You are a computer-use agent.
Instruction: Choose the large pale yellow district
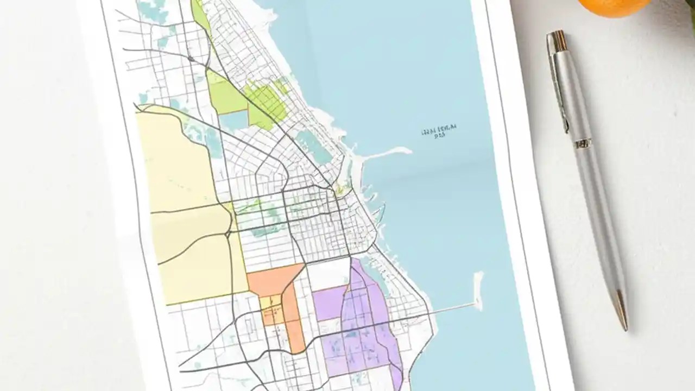pyautogui.click(x=185, y=217)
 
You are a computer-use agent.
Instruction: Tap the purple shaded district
pyautogui.click(x=364, y=326)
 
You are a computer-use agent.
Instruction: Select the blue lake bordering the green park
pyautogui.click(x=233, y=120)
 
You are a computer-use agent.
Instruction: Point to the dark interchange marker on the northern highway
pyautogui.click(x=191, y=58)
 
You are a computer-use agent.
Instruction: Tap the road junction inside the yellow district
pyautogui.click(x=227, y=234)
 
